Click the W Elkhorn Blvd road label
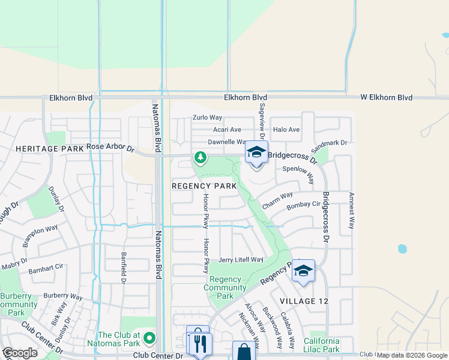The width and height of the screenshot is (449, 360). tap(386, 97)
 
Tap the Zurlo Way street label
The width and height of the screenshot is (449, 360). tap(207, 118)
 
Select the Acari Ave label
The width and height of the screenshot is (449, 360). tap(227, 130)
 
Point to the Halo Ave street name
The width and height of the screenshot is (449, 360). tap(286, 130)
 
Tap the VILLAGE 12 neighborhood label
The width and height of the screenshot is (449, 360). tap(304, 301)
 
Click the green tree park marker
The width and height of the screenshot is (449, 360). tap(200, 158)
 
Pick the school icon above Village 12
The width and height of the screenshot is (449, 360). tap(303, 272)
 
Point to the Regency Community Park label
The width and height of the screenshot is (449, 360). tap(225, 287)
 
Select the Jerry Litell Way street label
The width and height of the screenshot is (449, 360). tap(241, 260)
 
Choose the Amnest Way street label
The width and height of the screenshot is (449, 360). tap(351, 209)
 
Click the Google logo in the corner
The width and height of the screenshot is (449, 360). tap(20, 353)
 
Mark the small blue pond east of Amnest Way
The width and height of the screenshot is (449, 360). tap(401, 248)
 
